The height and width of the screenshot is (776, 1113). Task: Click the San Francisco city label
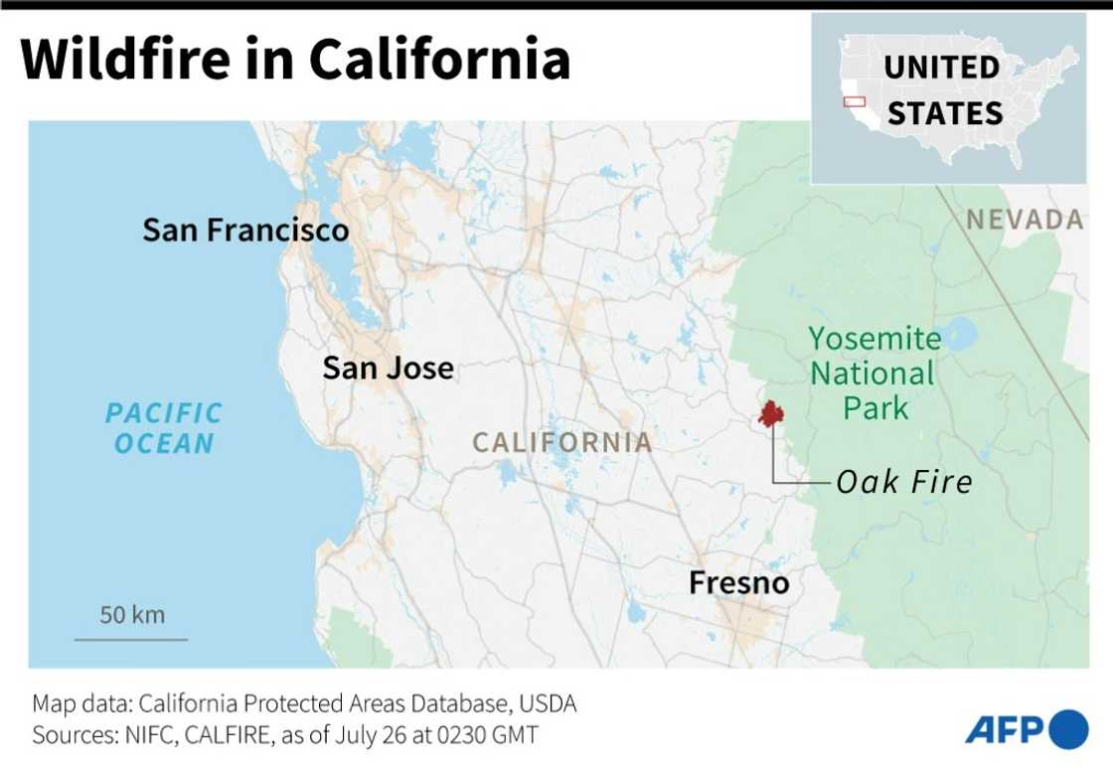pos(245,231)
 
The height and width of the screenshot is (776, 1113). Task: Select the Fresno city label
pos(739,582)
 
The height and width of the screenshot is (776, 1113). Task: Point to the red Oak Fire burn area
pos(770,413)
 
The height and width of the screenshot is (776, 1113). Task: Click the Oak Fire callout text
pos(904,483)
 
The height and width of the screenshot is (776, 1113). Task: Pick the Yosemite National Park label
pos(874,374)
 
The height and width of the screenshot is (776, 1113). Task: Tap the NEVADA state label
pos(1025,220)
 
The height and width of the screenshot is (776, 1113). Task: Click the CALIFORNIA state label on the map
pos(562,442)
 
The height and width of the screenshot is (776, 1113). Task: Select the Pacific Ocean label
pos(164,428)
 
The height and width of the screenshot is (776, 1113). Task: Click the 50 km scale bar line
pos(131,639)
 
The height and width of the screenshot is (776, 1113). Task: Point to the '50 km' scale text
pos(132,615)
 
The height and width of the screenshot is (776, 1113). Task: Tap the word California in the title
pos(439,60)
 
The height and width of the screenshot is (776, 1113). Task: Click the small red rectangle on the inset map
pos(854,101)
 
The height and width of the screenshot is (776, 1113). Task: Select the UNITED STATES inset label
pos(943,90)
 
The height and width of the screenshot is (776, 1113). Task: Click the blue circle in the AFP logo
pos(1069,729)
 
